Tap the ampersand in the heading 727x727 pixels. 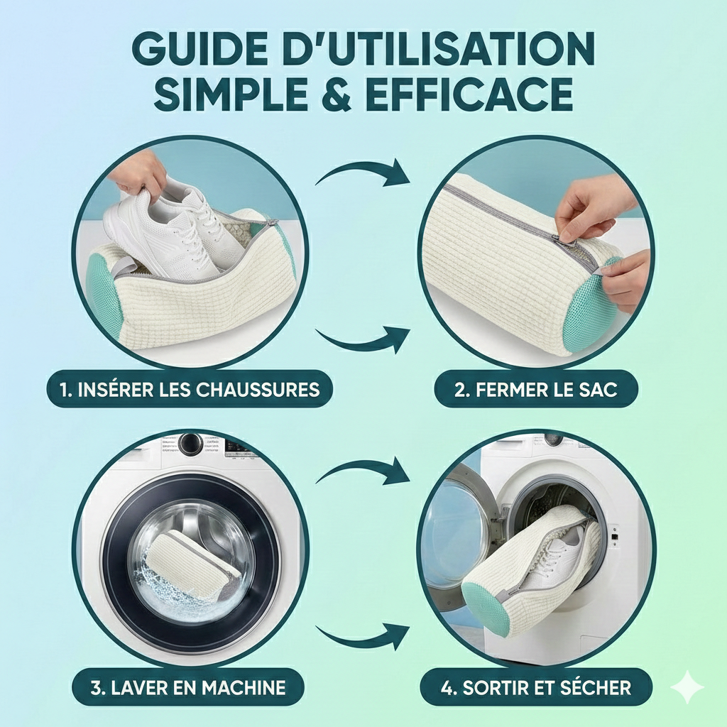point(336,94)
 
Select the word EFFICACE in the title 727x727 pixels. point(469,94)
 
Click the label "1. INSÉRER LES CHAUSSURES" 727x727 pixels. point(190,389)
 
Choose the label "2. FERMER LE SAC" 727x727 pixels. point(536,390)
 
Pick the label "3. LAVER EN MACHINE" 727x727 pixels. point(188,687)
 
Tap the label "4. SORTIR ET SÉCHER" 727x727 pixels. point(536,687)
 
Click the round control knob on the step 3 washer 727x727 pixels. point(190,443)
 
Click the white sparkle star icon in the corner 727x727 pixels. point(687,687)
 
